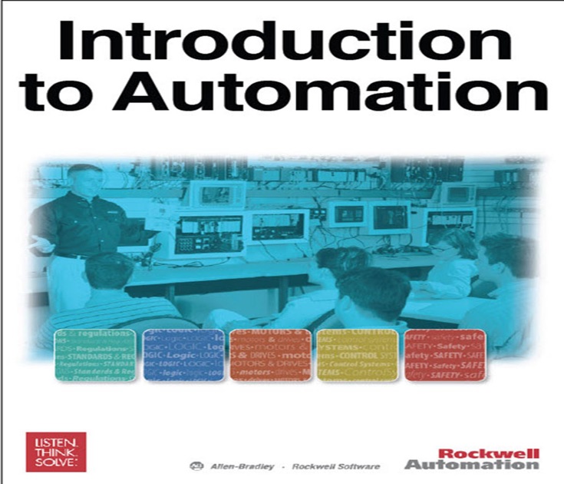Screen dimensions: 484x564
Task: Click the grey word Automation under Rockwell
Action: click(x=471, y=465)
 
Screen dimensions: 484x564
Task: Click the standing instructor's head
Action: click(x=85, y=181)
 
